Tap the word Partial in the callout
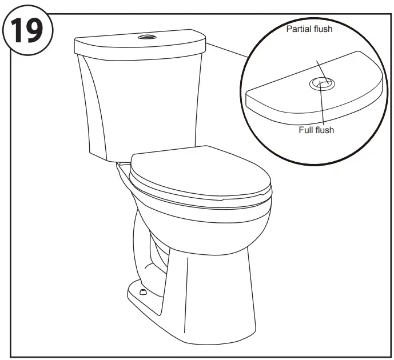(300, 29)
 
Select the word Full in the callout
(307, 130)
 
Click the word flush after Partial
(324, 29)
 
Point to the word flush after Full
(325, 130)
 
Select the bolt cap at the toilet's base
(142, 292)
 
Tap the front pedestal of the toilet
(217, 286)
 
